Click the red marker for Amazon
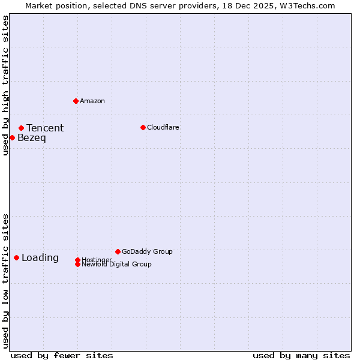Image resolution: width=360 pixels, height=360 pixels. [x=76, y=101]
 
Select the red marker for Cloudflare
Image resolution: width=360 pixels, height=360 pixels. [x=143, y=127]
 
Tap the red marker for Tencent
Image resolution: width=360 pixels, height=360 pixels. [x=21, y=128]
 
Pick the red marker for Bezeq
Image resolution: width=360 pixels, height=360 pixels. [x=12, y=137]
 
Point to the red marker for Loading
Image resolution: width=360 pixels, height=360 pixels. [x=16, y=257]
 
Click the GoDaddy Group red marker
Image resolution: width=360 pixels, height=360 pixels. [x=118, y=251]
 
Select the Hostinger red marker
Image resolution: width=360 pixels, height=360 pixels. [x=77, y=260]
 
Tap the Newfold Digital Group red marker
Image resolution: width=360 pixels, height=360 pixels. [x=77, y=264]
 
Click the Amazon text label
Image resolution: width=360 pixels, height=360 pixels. [x=92, y=101]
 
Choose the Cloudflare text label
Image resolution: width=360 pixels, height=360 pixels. [x=163, y=127]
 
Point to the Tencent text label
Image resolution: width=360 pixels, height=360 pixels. [x=45, y=128]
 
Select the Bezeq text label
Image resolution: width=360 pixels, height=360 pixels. [x=32, y=138]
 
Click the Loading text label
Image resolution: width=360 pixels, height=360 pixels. [x=40, y=258]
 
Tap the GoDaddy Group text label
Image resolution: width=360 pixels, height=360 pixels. [x=147, y=251]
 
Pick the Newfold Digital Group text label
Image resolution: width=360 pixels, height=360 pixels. [x=117, y=265]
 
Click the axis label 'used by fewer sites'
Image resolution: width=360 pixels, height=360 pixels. [x=62, y=355]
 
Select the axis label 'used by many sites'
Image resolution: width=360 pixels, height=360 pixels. [x=301, y=355]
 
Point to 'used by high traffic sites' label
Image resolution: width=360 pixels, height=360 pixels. [x=6, y=85]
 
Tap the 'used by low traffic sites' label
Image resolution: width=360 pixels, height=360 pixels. [x=6, y=281]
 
